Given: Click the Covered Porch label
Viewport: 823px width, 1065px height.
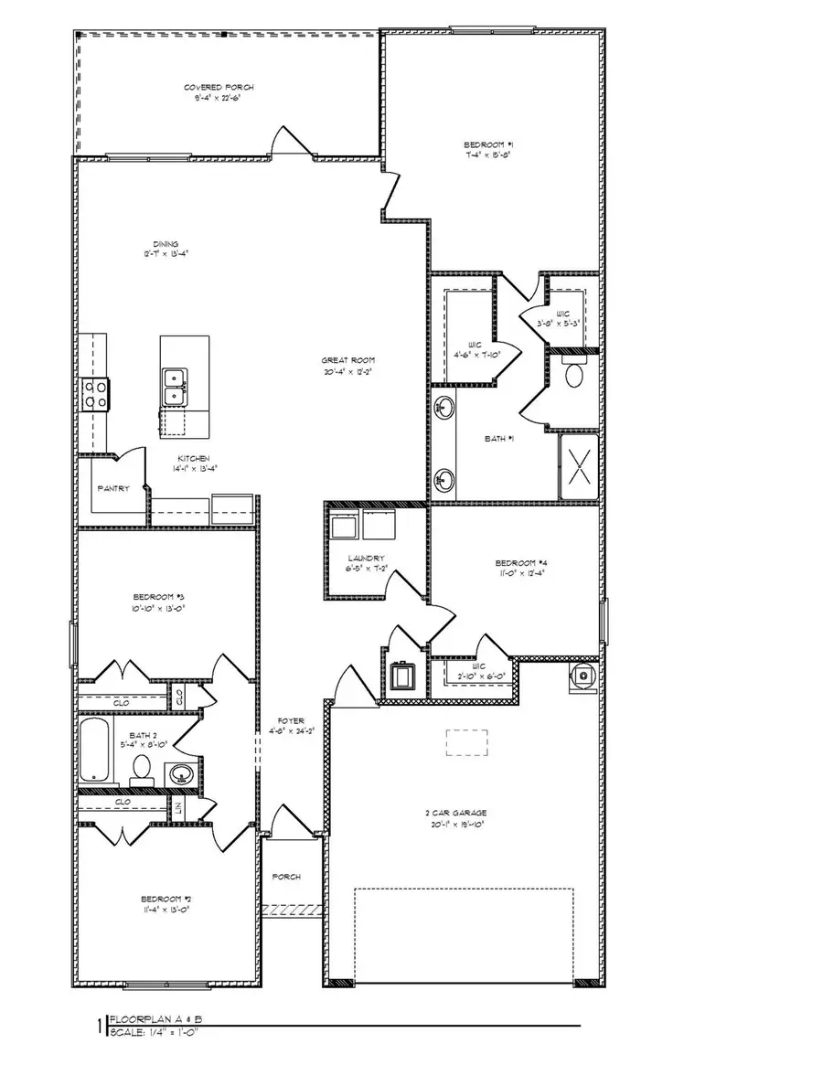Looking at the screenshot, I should click(219, 88).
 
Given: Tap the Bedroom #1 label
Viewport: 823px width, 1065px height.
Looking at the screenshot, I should click(488, 145).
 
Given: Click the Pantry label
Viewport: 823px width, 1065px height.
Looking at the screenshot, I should click(113, 488).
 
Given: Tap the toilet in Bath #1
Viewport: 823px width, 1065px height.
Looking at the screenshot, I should click(575, 375).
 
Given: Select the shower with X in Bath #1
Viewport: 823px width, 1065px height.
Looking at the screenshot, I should click(579, 466).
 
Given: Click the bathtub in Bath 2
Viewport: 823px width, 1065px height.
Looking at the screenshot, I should click(94, 749).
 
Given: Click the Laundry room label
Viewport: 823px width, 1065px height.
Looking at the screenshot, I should click(365, 558).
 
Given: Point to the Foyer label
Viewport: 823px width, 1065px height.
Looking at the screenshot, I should click(291, 720).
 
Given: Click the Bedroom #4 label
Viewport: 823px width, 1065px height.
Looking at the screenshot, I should click(520, 562).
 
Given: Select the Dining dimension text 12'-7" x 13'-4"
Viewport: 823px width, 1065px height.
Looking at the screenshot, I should click(166, 255).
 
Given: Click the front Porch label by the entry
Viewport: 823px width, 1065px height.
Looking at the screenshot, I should click(286, 877).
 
